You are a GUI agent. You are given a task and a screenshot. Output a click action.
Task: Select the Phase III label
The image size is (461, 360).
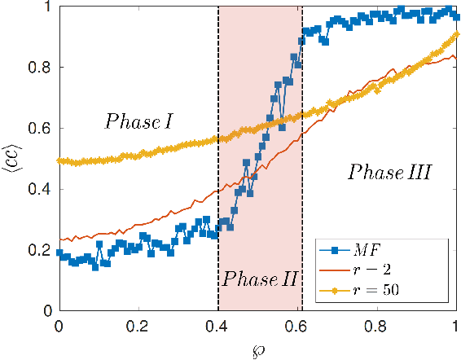click(x=389, y=172)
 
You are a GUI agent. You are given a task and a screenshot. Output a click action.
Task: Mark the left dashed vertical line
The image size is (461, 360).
click(x=218, y=163)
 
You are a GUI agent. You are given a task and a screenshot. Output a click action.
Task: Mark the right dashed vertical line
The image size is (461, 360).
click(x=302, y=163)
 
